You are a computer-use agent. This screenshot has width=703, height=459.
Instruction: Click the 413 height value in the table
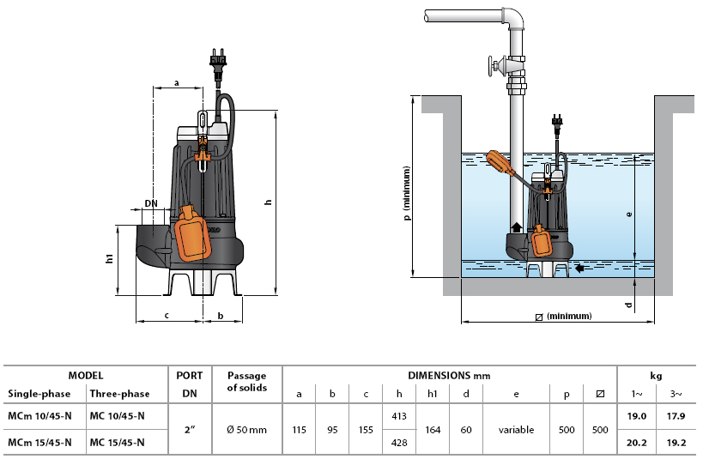pos(398,416)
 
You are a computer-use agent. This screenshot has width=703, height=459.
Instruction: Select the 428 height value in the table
pos(398,443)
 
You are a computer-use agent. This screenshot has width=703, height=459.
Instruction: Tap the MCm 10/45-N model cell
pos(39,416)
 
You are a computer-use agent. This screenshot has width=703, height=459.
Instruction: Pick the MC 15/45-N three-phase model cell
pos(117,443)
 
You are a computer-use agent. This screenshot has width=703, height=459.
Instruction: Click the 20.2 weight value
pos(636,443)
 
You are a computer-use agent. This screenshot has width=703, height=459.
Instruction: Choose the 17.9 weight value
pos(676,416)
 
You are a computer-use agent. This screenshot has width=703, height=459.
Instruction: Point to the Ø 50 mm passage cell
pos(246,430)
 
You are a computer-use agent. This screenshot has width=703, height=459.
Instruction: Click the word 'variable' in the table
pos(516,430)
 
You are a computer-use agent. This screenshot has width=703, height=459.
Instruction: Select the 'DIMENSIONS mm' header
pos(449,376)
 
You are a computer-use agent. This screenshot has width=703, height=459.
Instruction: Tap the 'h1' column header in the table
pos(433,394)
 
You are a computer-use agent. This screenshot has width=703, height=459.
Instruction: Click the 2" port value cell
pos(190,430)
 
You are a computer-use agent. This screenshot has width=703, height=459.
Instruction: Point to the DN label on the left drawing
pos(151,203)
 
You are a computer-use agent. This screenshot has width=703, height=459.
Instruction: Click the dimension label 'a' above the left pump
pos(177,83)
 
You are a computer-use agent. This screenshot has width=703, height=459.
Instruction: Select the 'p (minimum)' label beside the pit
pos(406,193)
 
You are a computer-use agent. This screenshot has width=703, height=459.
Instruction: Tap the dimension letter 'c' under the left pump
pos(167,316)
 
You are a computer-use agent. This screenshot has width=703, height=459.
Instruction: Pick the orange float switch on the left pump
pos(192,233)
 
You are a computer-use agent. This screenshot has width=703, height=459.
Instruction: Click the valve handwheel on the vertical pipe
pos(492,67)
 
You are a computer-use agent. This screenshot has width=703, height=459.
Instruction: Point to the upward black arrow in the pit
pos(517,226)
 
